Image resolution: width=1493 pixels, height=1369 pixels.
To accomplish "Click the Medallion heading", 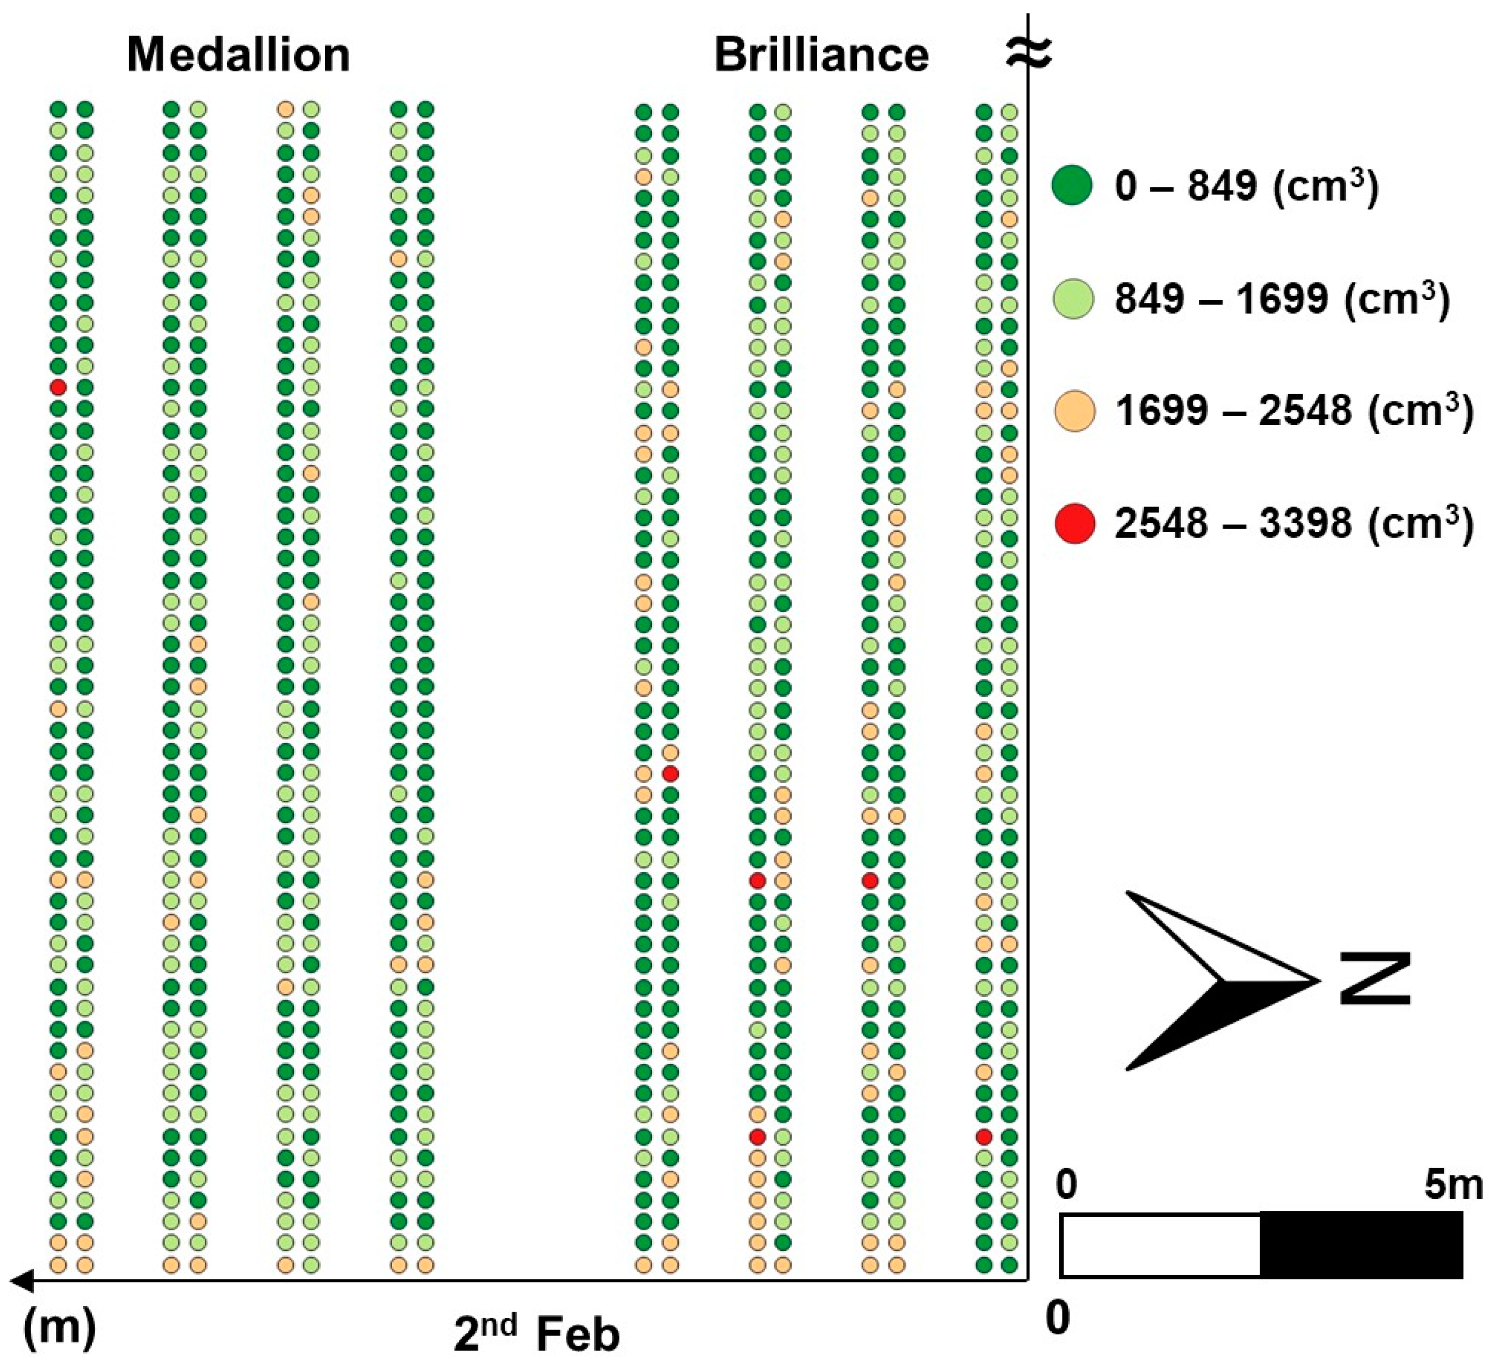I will coord(238,56).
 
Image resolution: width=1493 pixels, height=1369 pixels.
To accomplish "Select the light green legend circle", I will coord(1073,299).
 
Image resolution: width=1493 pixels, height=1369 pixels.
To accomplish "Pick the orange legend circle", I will coord(1073,410).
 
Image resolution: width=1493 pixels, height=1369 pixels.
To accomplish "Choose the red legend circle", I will coord(1073,523).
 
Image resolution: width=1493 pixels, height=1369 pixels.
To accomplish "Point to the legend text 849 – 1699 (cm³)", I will coord(1281,299).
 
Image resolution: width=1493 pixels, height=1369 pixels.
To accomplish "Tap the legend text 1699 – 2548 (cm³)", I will coord(1294,410).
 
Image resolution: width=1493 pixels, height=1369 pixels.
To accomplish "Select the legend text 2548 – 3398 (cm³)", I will coord(1294,523).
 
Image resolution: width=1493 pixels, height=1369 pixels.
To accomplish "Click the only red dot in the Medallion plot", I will coord(58,387).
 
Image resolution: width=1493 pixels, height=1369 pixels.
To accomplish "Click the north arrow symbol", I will coord(1215,981).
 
